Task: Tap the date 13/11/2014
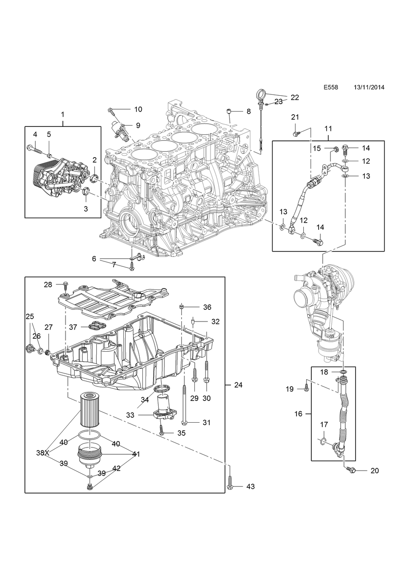pyautogui.click(x=369, y=88)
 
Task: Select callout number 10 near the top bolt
pyautogui.click(x=138, y=109)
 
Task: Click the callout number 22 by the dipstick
pyautogui.click(x=295, y=97)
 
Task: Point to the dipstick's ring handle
pyautogui.click(x=261, y=95)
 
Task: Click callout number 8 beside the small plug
pyautogui.click(x=249, y=111)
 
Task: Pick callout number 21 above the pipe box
pyautogui.click(x=295, y=117)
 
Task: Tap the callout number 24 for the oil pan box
pyautogui.click(x=238, y=385)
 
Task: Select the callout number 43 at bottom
pyautogui.click(x=250, y=487)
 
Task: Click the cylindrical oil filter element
pyautogui.click(x=89, y=410)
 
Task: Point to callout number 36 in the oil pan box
pyautogui.click(x=207, y=308)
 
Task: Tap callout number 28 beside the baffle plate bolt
pyautogui.click(x=48, y=284)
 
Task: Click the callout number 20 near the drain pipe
pyautogui.click(x=374, y=471)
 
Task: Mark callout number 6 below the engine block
pyautogui.click(x=94, y=259)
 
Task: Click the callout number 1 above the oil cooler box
pyautogui.click(x=63, y=114)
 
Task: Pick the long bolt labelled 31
pyautogui.click(x=184, y=404)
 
